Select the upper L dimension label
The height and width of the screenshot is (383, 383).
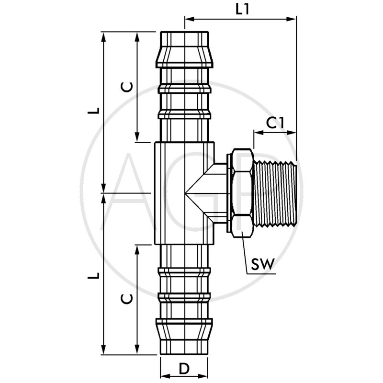point(96,110)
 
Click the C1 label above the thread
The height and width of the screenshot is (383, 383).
point(275,123)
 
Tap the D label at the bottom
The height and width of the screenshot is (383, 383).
point(183,369)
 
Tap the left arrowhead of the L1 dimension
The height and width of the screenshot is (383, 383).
point(188,19)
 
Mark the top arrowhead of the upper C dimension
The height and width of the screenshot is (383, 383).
point(137,36)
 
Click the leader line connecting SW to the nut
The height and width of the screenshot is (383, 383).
point(246,254)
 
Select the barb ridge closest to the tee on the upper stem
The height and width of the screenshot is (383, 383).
point(184,114)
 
